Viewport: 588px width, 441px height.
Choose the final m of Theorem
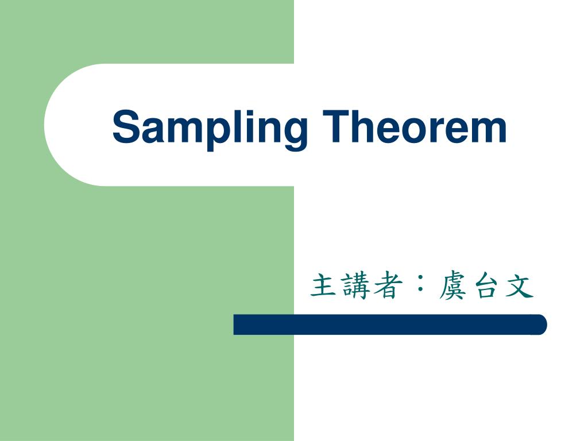(x=486, y=131)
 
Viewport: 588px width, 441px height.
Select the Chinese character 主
(x=323, y=286)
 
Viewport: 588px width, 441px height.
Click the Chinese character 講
(x=354, y=286)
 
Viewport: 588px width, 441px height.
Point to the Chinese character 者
(x=385, y=286)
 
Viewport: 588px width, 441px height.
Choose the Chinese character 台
(x=486, y=286)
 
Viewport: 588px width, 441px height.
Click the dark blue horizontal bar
(x=390, y=324)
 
